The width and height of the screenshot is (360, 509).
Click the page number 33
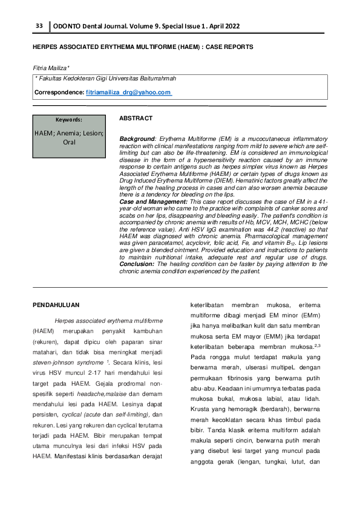39,26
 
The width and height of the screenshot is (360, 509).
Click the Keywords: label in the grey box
68,120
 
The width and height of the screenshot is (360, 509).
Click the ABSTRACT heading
136,118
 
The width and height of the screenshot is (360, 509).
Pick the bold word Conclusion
136,264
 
